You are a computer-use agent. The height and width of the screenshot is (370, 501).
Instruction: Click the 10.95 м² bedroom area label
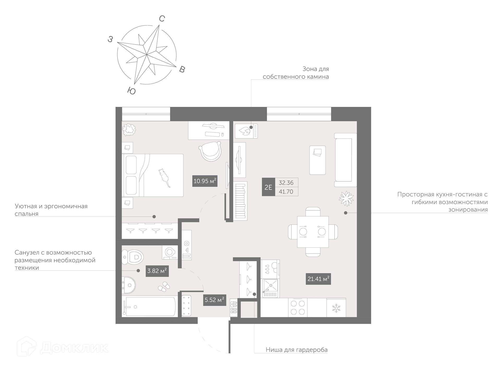click(x=205, y=181)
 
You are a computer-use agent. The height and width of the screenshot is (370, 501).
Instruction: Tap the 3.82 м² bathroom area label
click(x=157, y=271)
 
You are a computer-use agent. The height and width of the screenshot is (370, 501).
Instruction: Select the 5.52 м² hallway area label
click(x=214, y=300)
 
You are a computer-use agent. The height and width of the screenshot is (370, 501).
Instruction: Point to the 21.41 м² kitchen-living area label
click(x=318, y=279)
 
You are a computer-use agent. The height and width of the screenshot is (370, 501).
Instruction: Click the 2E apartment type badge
click(x=269, y=187)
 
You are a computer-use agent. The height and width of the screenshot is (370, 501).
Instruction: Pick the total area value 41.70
click(x=286, y=192)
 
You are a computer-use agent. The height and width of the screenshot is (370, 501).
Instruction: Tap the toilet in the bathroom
click(x=133, y=257)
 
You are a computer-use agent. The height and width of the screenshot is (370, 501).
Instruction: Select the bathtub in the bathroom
click(x=150, y=306)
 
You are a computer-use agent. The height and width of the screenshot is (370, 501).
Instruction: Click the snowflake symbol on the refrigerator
click(x=336, y=308)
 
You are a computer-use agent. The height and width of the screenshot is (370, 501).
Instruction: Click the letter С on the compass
click(x=162, y=19)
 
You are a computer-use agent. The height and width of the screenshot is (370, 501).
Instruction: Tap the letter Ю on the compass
click(x=132, y=91)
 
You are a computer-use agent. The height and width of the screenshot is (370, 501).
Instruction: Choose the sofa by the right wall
click(x=345, y=160)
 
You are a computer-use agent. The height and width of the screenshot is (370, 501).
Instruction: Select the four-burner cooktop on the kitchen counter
click(x=298, y=308)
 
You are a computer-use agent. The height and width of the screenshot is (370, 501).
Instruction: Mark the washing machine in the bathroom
click(x=170, y=252)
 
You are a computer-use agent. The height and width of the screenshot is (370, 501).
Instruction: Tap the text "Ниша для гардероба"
click(x=297, y=350)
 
